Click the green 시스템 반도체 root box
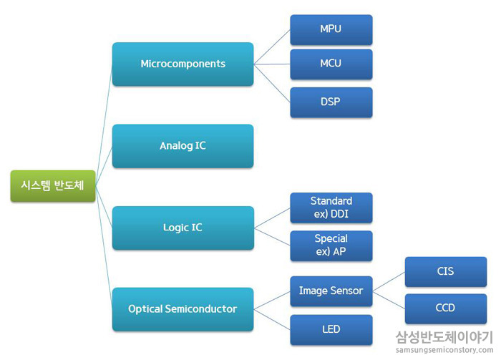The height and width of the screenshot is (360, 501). pos(53,186)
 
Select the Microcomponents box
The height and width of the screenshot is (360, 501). pos(183,64)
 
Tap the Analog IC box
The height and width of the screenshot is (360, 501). pos(183,146)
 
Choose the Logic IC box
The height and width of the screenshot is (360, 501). pos(183,228)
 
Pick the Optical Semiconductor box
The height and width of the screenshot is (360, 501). pos(183,309)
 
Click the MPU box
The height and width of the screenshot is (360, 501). pos(331,30)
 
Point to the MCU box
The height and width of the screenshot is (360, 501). pos(331,64)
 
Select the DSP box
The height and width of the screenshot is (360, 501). pos(331,102)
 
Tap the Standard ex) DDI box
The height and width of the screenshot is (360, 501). pos(331,208)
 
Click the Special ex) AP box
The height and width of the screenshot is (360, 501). pos(331,245)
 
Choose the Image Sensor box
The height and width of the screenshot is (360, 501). pos(331,291)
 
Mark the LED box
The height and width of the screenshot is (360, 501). pos(331,330)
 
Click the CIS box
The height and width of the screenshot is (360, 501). pos(445,272)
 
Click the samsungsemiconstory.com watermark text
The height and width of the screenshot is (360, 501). pos(444,350)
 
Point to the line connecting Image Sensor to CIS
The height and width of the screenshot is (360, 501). pos(389,282)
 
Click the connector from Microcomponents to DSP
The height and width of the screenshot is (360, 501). pos(272,82)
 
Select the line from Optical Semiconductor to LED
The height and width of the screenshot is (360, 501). pos(272,319)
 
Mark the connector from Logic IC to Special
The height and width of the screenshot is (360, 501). pos(272,236)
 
